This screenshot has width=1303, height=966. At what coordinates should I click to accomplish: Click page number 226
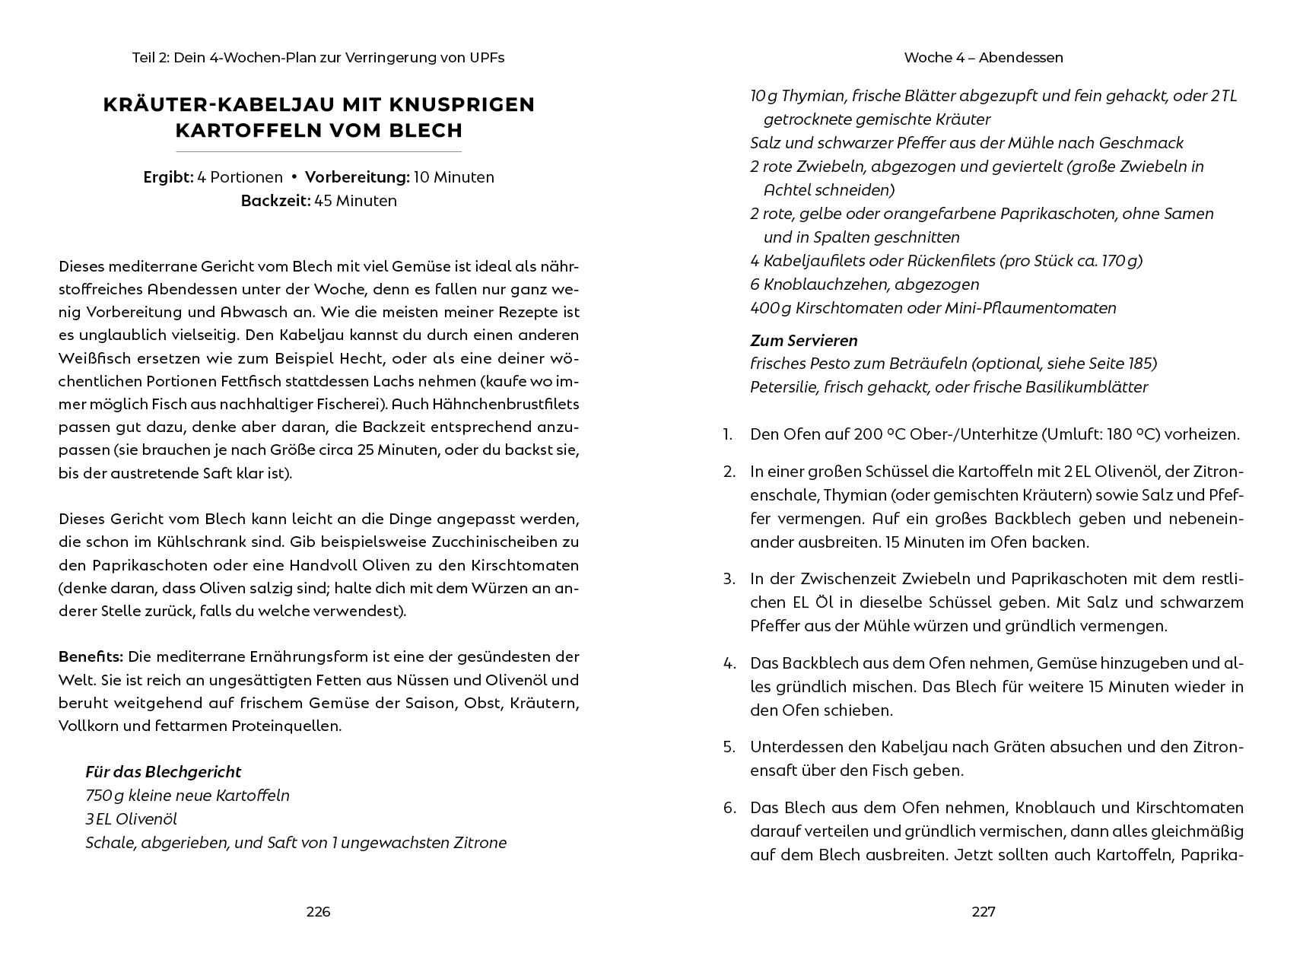pos(318,912)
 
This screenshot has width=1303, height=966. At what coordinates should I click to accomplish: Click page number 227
pos(984,912)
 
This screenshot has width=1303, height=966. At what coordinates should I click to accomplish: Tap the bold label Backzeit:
pos(275,201)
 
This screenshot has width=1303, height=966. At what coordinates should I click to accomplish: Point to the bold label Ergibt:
pos(168,177)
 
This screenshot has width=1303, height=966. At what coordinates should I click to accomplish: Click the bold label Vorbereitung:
pos(357,177)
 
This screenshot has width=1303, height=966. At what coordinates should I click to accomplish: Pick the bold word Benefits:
pos(91,656)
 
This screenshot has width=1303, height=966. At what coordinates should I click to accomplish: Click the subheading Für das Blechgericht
pos(163,772)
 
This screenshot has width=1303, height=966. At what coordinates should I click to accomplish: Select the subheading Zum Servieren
pos(803,340)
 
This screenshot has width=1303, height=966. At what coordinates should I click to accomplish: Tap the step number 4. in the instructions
pos(729,663)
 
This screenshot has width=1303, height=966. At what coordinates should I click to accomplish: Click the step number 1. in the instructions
pos(728,435)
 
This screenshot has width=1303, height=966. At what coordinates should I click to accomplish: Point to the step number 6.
pos(729,808)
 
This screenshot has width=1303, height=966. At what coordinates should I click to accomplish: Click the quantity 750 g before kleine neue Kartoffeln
pos(103,796)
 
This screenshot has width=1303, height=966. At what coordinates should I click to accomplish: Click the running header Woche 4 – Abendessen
pos(984,58)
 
